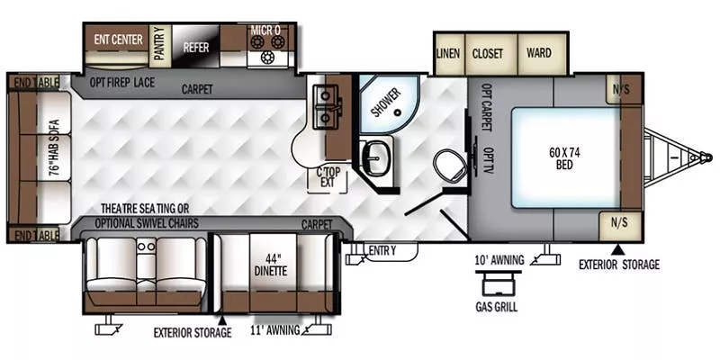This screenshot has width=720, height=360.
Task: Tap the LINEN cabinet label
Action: tap(448, 53)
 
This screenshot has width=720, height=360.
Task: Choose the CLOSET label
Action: tap(488, 53)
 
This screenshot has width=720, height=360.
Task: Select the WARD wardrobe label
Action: tap(538, 53)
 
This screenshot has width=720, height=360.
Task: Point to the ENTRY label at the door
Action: tap(382, 250)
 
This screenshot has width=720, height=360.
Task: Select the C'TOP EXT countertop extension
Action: tap(326, 176)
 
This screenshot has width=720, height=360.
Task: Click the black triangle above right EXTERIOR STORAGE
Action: tap(617, 248)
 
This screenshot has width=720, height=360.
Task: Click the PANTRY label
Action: tap(159, 43)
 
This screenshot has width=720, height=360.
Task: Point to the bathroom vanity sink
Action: tap(375, 157)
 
